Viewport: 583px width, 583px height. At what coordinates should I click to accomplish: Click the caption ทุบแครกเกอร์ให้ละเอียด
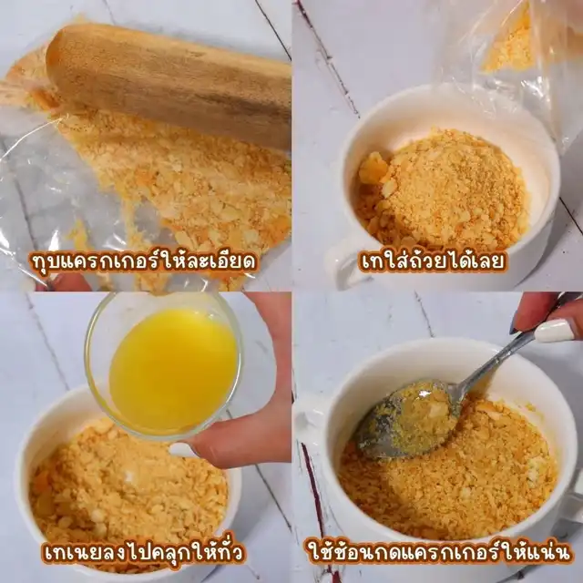coord(144,261)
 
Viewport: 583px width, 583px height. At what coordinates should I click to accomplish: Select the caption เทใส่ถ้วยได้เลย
coord(433,261)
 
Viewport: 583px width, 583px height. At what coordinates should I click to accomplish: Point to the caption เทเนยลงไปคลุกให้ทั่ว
coord(144,552)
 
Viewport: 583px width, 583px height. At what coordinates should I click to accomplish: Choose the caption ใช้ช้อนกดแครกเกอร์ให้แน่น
coord(439,552)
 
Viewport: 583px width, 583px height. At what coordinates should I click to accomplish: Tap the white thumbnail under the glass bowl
coord(182,451)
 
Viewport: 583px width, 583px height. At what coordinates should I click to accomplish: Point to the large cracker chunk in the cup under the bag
coord(372,169)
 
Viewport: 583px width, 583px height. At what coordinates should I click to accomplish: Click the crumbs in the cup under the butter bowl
coord(127,495)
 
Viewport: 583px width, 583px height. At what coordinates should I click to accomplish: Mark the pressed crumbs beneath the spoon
coord(446,484)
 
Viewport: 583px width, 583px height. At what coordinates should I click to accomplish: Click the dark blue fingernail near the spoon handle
coord(515,326)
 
